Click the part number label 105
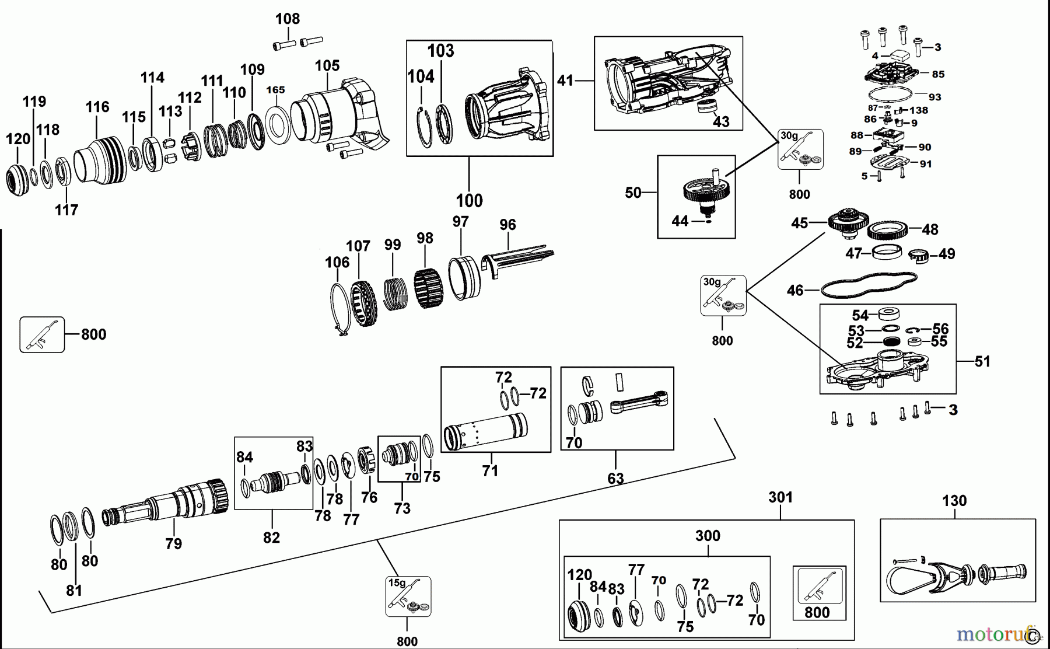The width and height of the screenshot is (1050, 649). (327, 66)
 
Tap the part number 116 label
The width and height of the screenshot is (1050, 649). (97, 107)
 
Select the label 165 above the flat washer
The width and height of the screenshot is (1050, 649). (275, 90)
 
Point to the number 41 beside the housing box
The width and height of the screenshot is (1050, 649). (565, 81)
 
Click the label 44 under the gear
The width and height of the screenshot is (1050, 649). (680, 221)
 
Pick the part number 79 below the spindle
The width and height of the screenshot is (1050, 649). (173, 544)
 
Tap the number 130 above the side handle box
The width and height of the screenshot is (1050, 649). (954, 501)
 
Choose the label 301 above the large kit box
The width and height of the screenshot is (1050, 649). (780, 497)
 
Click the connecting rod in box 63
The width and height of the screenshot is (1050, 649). (639, 402)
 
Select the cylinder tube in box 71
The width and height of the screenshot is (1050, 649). (485, 432)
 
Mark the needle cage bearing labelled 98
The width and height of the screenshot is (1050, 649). (429, 288)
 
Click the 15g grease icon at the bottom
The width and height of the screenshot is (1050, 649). (408, 596)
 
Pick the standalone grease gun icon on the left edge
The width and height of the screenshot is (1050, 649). (42, 335)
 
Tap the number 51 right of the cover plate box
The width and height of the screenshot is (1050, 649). (982, 362)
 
